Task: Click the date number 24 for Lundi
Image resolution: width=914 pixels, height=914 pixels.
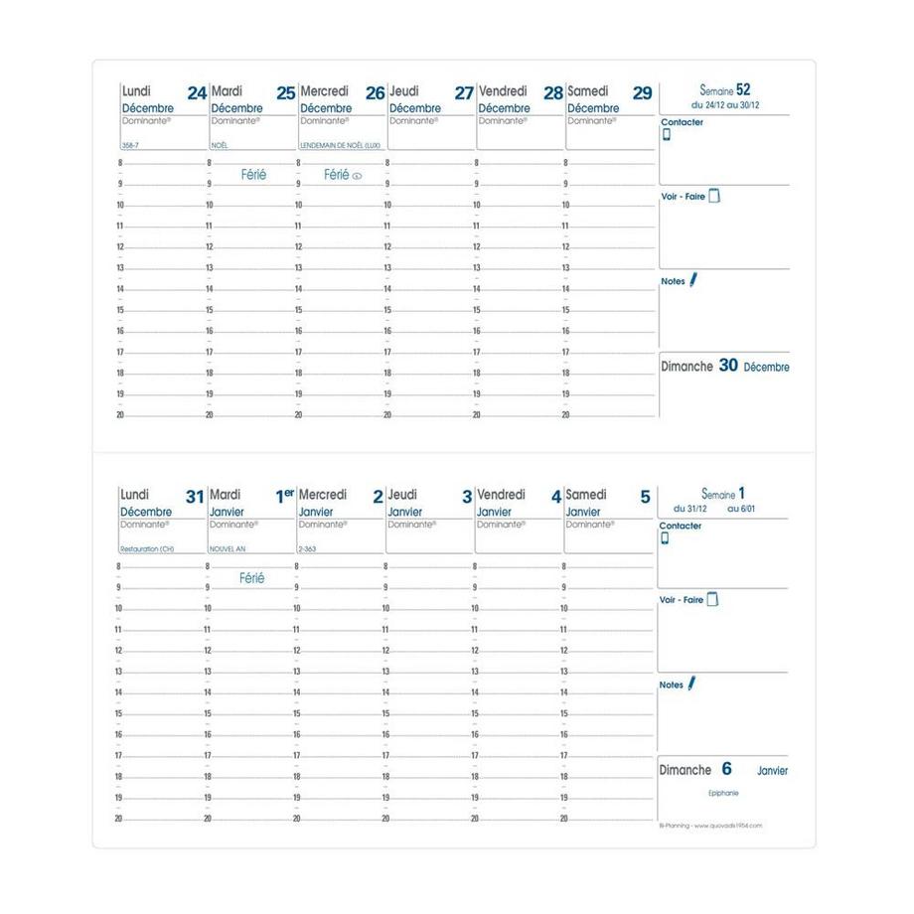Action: pyautogui.click(x=197, y=93)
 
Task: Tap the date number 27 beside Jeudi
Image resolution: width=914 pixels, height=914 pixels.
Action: pyautogui.click(x=464, y=93)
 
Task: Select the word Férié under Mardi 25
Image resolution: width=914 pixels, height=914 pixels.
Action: pyautogui.click(x=253, y=175)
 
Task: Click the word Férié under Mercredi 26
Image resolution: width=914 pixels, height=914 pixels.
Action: pyautogui.click(x=336, y=175)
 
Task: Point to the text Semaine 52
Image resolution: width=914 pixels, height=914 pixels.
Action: pyautogui.click(x=723, y=89)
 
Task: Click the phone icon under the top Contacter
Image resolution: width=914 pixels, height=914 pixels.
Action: pyautogui.click(x=667, y=135)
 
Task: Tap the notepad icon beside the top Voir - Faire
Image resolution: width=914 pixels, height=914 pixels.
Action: pyautogui.click(x=714, y=196)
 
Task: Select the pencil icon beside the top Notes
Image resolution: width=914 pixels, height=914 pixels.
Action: pyautogui.click(x=693, y=280)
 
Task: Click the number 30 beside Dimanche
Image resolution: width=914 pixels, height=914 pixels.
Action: pyautogui.click(x=728, y=366)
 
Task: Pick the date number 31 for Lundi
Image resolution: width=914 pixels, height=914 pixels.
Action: pyautogui.click(x=195, y=497)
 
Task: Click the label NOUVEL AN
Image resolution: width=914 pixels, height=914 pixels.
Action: pyautogui.click(x=226, y=548)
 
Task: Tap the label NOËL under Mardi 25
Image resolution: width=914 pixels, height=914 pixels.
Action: pyautogui.click(x=220, y=145)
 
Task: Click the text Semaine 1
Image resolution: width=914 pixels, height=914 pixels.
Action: pyautogui.click(x=722, y=493)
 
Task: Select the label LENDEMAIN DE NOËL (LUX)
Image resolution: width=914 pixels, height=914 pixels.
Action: pyautogui.click(x=340, y=145)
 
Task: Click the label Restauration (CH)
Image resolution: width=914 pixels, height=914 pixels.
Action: pyautogui.click(x=147, y=548)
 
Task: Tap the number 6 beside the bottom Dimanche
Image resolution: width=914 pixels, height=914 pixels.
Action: pyautogui.click(x=726, y=769)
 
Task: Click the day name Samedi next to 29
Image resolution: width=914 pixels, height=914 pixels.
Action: pyautogui.click(x=587, y=91)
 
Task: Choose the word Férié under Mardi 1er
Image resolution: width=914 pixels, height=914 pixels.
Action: pyautogui.click(x=252, y=578)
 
